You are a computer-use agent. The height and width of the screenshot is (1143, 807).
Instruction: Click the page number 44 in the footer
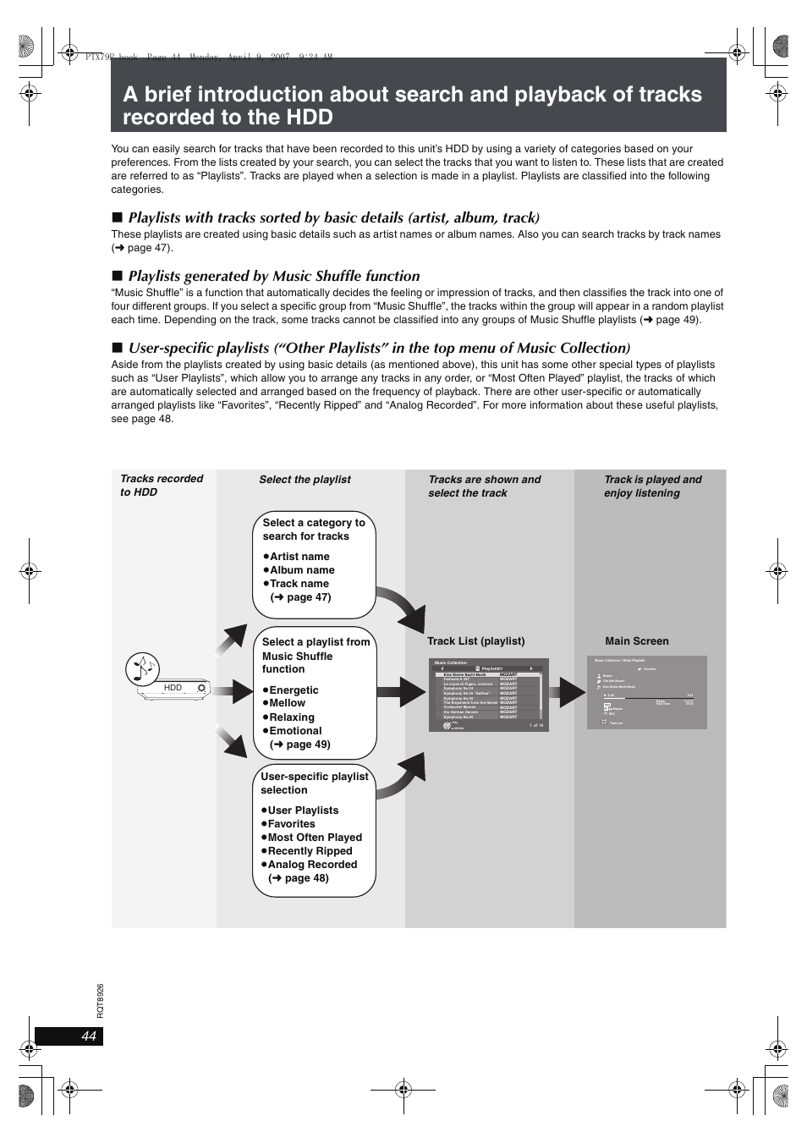coord(89,1036)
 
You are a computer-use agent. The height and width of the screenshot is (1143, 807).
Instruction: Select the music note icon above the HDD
coord(141,668)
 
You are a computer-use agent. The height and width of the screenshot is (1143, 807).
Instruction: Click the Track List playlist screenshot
coord(488,695)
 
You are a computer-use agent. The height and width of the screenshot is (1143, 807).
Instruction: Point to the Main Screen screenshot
coord(646,692)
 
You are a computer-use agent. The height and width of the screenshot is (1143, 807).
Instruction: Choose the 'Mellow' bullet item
coord(287,703)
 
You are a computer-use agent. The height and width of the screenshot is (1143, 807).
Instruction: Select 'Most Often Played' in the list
coord(314,838)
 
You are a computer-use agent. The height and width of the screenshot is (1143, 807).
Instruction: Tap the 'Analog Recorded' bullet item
coord(312,865)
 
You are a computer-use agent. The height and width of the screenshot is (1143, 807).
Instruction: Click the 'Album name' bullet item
coord(302,570)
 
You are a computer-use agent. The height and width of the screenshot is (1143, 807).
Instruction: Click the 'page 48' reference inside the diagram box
coord(305,878)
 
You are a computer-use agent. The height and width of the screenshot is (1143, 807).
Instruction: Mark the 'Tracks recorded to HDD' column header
coord(162,486)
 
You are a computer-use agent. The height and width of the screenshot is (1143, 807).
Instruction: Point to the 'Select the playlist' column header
coord(305,480)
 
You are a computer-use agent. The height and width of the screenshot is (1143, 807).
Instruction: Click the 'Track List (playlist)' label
coord(475,641)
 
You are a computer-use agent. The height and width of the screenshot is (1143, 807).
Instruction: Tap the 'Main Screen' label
coord(636,641)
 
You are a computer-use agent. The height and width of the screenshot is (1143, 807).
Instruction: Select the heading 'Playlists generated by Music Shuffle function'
coord(273,276)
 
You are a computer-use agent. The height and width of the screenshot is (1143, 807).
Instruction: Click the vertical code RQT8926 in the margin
coord(100,1000)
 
